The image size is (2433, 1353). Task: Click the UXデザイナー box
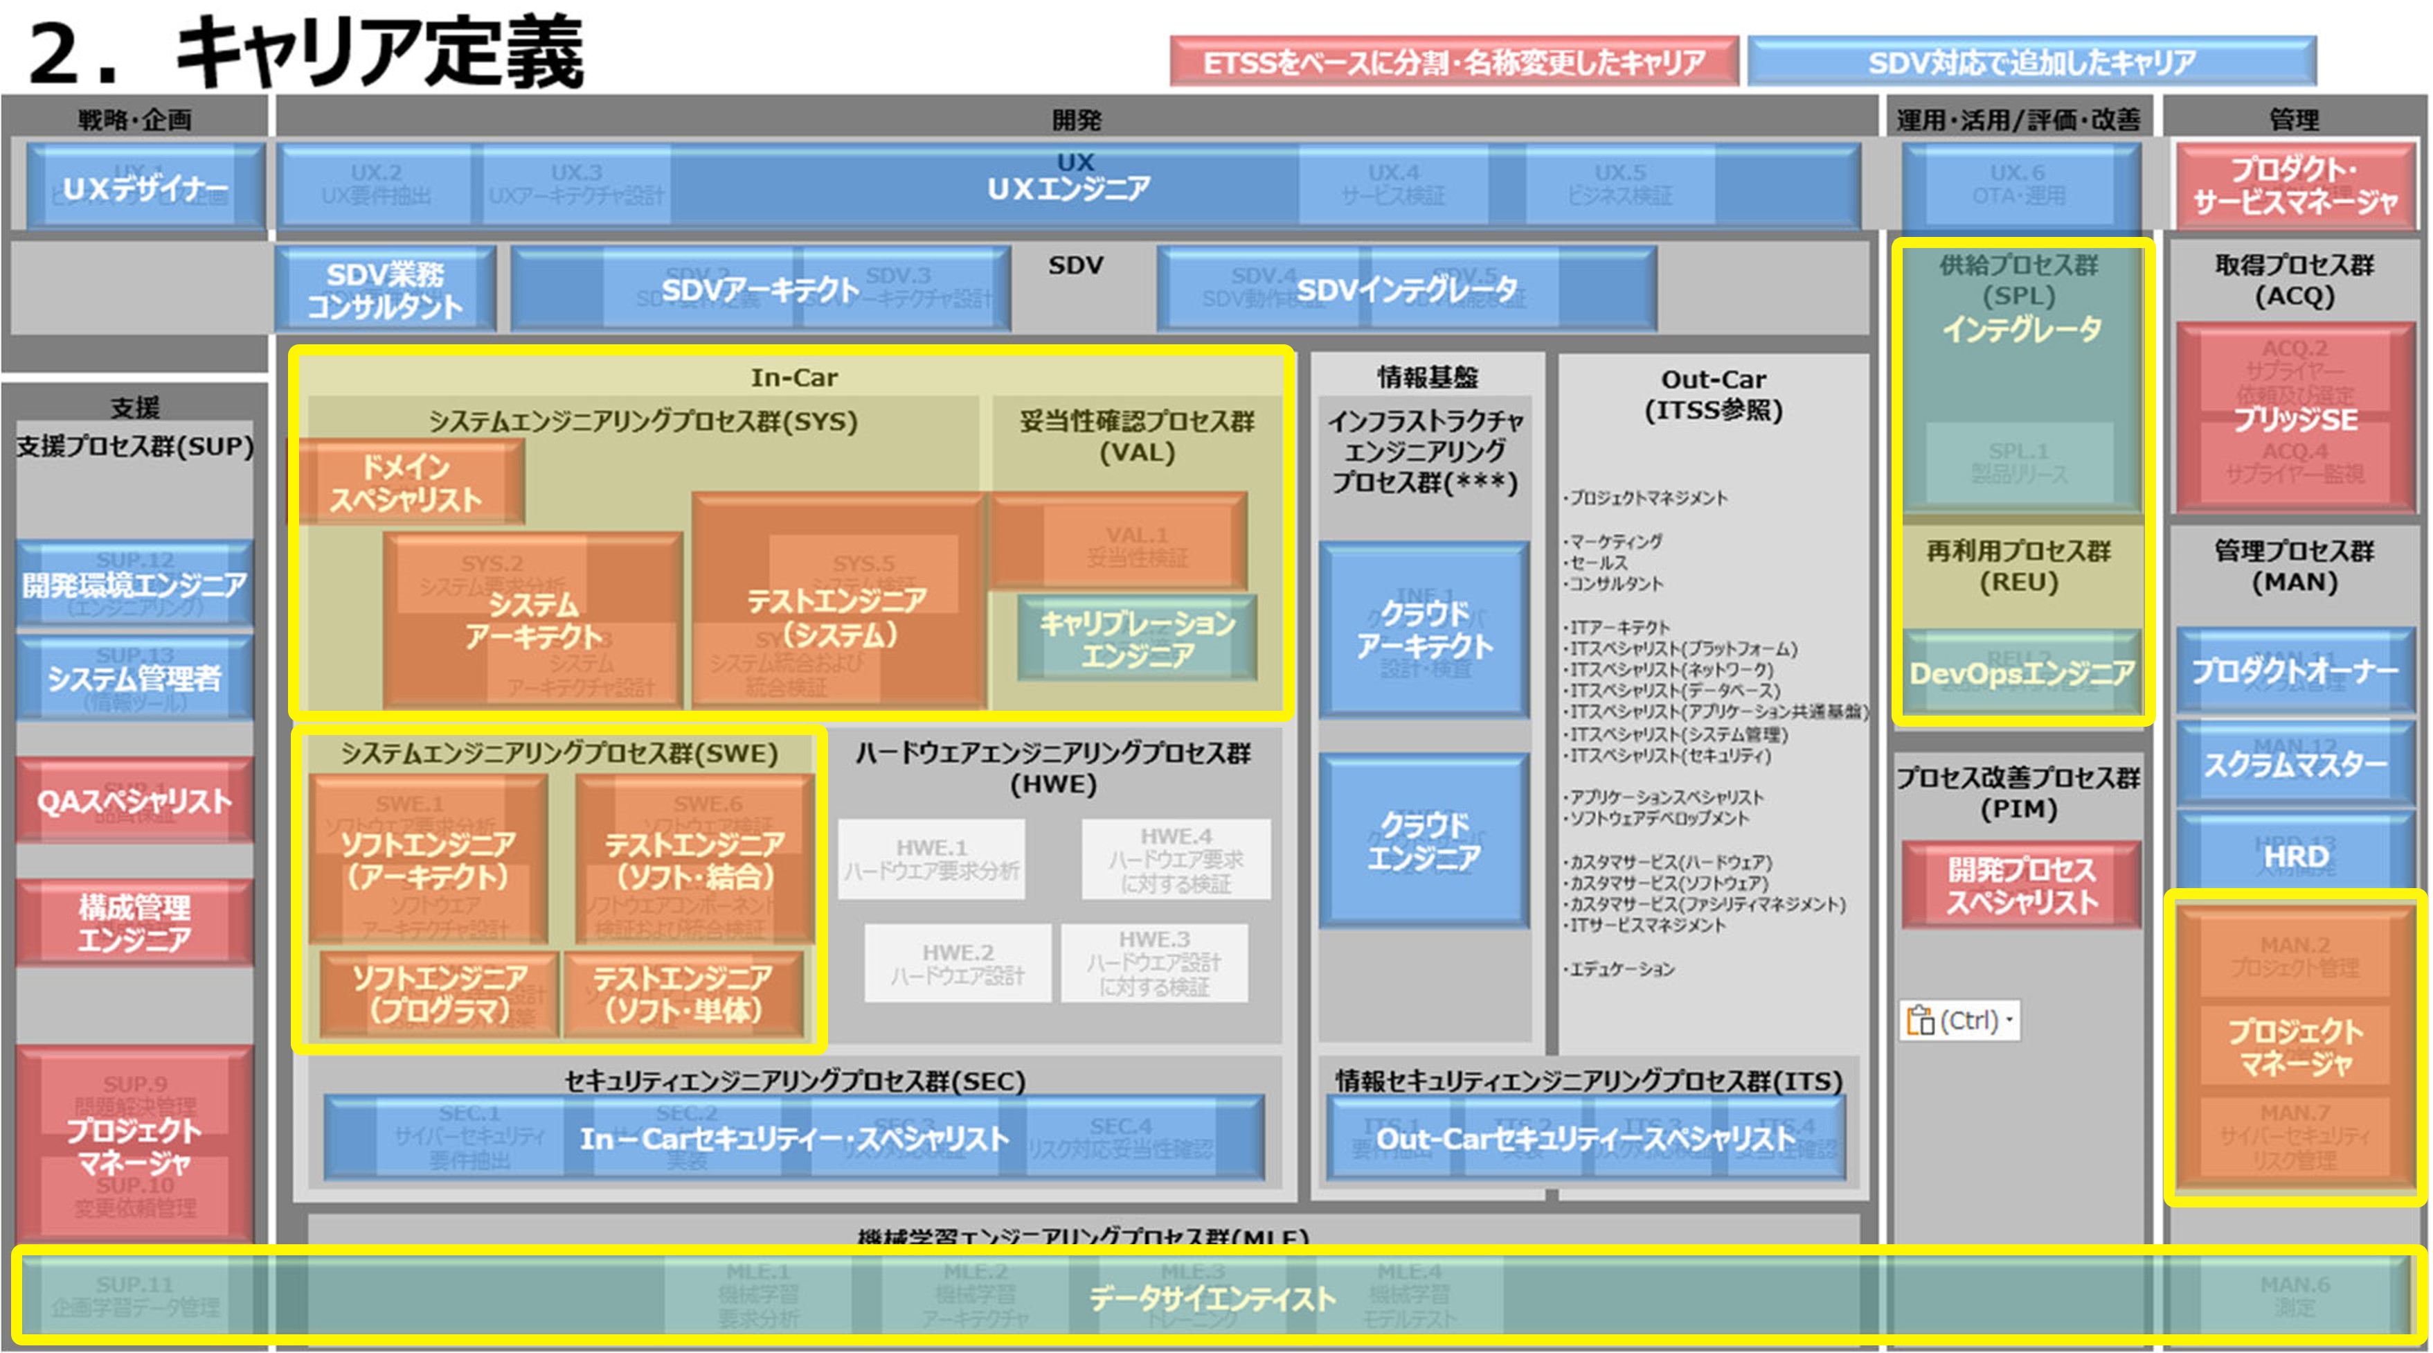coord(145,187)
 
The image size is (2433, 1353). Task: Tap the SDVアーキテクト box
coord(760,289)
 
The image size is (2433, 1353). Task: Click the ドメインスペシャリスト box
coord(406,482)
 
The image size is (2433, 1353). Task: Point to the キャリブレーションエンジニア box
coord(1137,639)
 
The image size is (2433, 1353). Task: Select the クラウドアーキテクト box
coord(1424,630)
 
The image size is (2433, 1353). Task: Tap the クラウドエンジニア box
coord(1424,841)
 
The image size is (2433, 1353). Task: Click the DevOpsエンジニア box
coord(2021,673)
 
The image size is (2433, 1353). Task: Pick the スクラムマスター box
coord(2295,763)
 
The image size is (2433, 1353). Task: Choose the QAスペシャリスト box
coord(134,802)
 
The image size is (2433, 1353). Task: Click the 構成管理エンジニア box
coord(134,922)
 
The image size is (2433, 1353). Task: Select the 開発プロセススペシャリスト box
coord(2021,885)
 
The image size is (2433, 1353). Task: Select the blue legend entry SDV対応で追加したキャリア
coord(2031,62)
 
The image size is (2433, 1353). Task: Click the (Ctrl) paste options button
coord(1959,1021)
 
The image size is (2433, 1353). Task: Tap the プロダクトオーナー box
coord(2295,671)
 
